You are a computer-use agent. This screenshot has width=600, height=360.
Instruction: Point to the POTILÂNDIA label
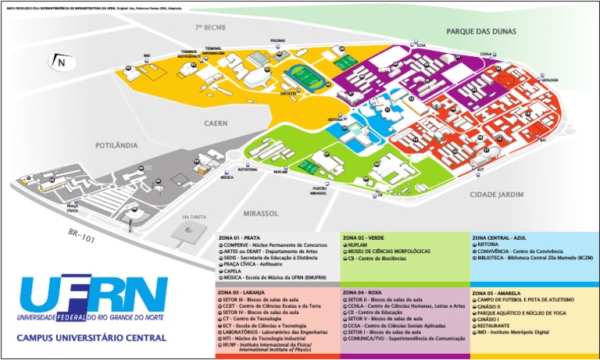click(116, 145)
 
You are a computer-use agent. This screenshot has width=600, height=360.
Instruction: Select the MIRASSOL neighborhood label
click(260, 212)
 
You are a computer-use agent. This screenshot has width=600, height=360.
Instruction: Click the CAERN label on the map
click(216, 123)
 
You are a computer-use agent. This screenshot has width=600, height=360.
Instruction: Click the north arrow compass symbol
click(60, 62)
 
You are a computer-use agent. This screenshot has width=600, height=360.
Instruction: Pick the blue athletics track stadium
click(301, 77)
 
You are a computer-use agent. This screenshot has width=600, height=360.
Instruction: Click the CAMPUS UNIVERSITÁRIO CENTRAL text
click(91, 338)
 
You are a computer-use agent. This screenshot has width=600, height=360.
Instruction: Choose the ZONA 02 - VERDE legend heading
click(362, 237)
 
